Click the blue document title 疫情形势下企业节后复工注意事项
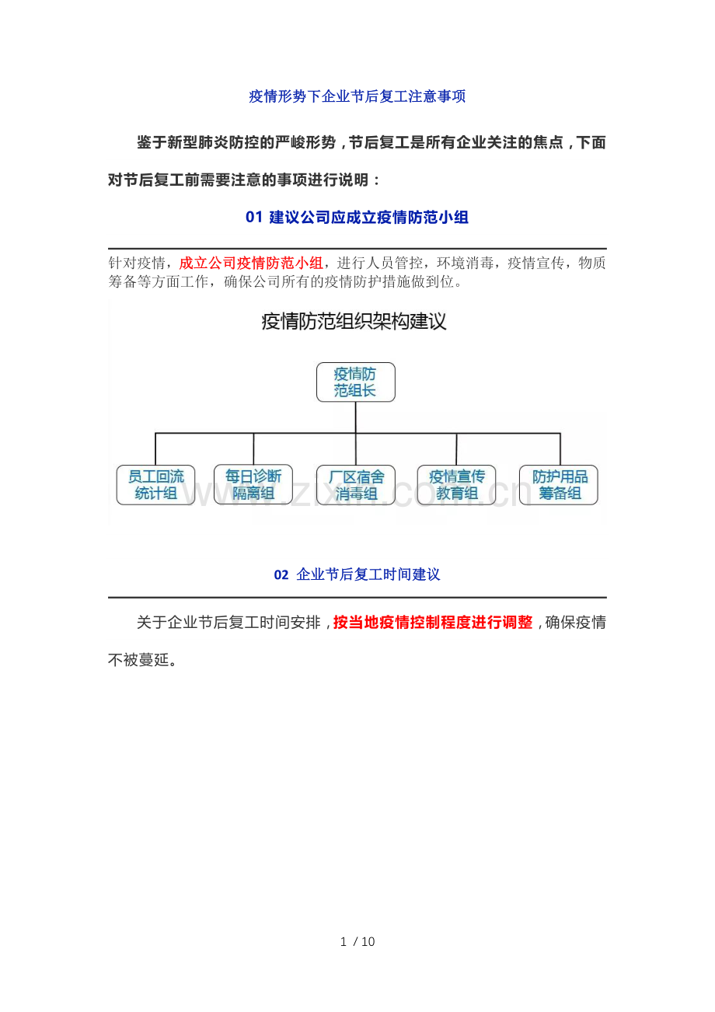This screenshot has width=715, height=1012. pyautogui.click(x=357, y=96)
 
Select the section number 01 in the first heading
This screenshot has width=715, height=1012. pyautogui.click(x=254, y=218)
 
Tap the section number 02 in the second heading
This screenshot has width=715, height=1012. pyautogui.click(x=281, y=574)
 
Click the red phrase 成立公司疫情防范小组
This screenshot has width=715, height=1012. pyautogui.click(x=251, y=263)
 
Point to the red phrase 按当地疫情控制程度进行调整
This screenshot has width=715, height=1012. pyautogui.click(x=433, y=622)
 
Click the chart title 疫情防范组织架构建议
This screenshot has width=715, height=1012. pyautogui.click(x=354, y=322)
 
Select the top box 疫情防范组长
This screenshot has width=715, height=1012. pyautogui.click(x=355, y=382)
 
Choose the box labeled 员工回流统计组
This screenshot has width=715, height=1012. pyautogui.click(x=156, y=485)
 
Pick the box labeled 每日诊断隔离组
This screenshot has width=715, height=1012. pyautogui.click(x=253, y=484)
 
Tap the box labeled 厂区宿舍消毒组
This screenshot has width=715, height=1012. pyautogui.click(x=356, y=485)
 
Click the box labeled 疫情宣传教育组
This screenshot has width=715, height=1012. pyautogui.click(x=457, y=485)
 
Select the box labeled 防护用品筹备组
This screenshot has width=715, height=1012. pyautogui.click(x=559, y=485)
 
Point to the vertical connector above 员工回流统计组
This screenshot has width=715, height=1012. pyautogui.click(x=155, y=449)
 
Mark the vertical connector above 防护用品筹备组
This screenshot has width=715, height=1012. pyautogui.click(x=560, y=449)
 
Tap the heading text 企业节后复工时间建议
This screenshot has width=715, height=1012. pyautogui.click(x=368, y=574)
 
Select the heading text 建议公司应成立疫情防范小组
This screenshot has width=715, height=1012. pyautogui.click(x=368, y=218)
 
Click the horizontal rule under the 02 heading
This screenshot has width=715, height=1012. pyautogui.click(x=357, y=597)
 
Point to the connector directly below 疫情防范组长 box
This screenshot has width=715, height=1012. pyautogui.click(x=355, y=417)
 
